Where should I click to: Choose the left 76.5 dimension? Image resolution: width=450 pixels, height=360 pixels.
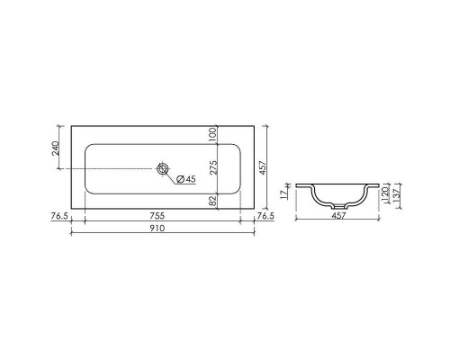[x=58, y=217]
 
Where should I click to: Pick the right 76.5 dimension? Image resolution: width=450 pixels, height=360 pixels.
[x=265, y=217]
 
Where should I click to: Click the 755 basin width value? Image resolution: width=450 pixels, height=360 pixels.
[x=162, y=217]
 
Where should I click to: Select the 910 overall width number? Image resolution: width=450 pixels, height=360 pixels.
[x=162, y=229]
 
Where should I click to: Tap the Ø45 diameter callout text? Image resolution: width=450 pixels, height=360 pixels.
[x=187, y=179]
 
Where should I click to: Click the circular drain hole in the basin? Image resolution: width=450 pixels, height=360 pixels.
[x=163, y=169]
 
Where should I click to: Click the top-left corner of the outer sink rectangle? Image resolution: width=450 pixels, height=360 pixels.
[x=70, y=125]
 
